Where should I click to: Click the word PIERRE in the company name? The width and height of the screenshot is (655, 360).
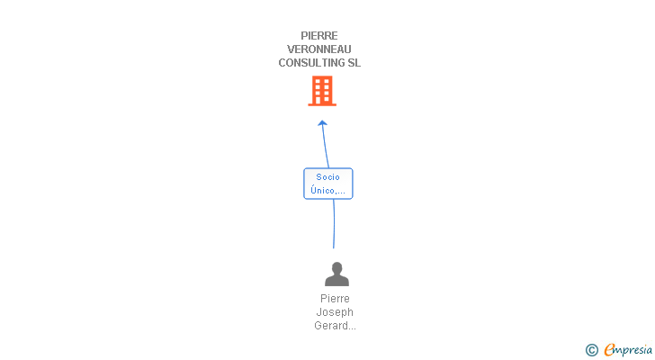pos(319,36)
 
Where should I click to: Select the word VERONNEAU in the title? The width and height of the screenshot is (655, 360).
pos(319,49)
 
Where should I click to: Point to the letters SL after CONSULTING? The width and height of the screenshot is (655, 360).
pos(354,63)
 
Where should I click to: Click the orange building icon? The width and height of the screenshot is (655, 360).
pos(322,90)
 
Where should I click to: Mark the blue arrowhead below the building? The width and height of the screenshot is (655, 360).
pos(322,123)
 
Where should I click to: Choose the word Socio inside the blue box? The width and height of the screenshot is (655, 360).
pos(328,176)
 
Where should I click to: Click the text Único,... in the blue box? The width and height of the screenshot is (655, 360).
pos(328,190)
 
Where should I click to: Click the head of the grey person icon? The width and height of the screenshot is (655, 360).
pos(336,268)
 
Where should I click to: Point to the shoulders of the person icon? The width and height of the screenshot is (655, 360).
pos(336,281)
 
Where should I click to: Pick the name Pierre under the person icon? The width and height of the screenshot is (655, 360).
pos(335,299)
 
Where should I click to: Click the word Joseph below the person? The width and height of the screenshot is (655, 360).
pos(335,312)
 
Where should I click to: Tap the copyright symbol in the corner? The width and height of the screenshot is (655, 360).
pos(592,350)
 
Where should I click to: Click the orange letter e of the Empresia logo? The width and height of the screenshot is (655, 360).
pos(610,350)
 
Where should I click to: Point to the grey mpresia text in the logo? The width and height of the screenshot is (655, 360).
pos(633,350)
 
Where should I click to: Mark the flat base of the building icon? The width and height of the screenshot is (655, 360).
pos(322,104)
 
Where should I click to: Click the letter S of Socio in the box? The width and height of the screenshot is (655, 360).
pos(319,176)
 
